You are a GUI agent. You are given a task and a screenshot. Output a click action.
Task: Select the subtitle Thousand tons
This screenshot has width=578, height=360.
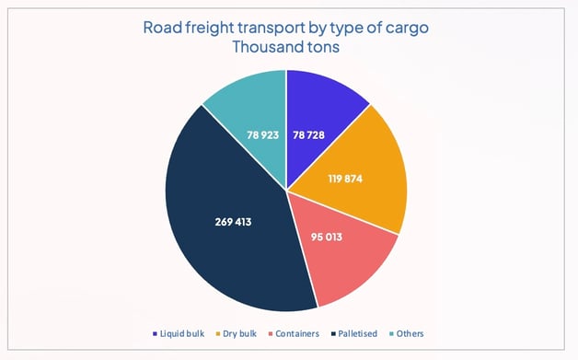coord(287,46)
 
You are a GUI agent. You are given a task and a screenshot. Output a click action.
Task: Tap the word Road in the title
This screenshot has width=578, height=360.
coord(162,27)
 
